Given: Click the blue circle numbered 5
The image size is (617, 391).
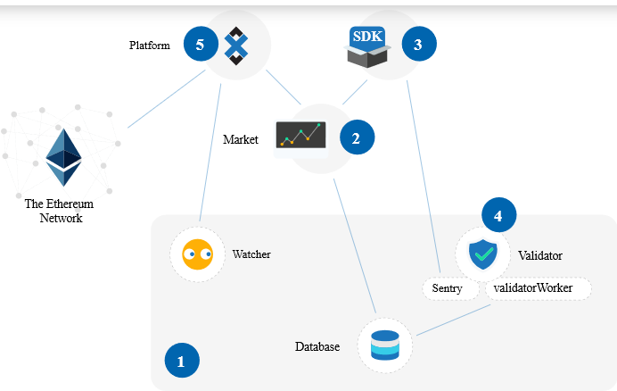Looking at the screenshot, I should (x=201, y=44).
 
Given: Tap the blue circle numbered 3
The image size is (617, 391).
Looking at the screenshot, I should (x=419, y=42).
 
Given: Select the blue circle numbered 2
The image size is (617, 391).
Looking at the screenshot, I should (x=356, y=138).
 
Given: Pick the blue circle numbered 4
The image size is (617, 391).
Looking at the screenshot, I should (x=498, y=215).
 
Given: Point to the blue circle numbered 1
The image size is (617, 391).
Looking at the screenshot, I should (x=182, y=362).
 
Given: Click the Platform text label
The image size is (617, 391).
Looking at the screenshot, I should (x=149, y=46).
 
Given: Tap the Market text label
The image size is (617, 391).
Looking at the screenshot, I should (x=240, y=139).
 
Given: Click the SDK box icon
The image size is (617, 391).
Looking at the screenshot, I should (x=368, y=46).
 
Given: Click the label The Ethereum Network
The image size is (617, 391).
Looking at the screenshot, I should (x=61, y=211).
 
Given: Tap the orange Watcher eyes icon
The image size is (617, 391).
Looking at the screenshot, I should (x=197, y=254).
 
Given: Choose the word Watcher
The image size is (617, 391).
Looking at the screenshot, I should (x=251, y=254).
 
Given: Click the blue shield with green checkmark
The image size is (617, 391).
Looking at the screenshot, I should (x=483, y=254).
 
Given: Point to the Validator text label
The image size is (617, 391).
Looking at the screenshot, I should (x=540, y=255).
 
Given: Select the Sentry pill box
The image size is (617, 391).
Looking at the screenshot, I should (x=448, y=288).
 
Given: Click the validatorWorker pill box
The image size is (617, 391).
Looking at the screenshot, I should (x=539, y=288).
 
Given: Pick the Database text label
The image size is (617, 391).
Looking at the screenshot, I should (x=317, y=346).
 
